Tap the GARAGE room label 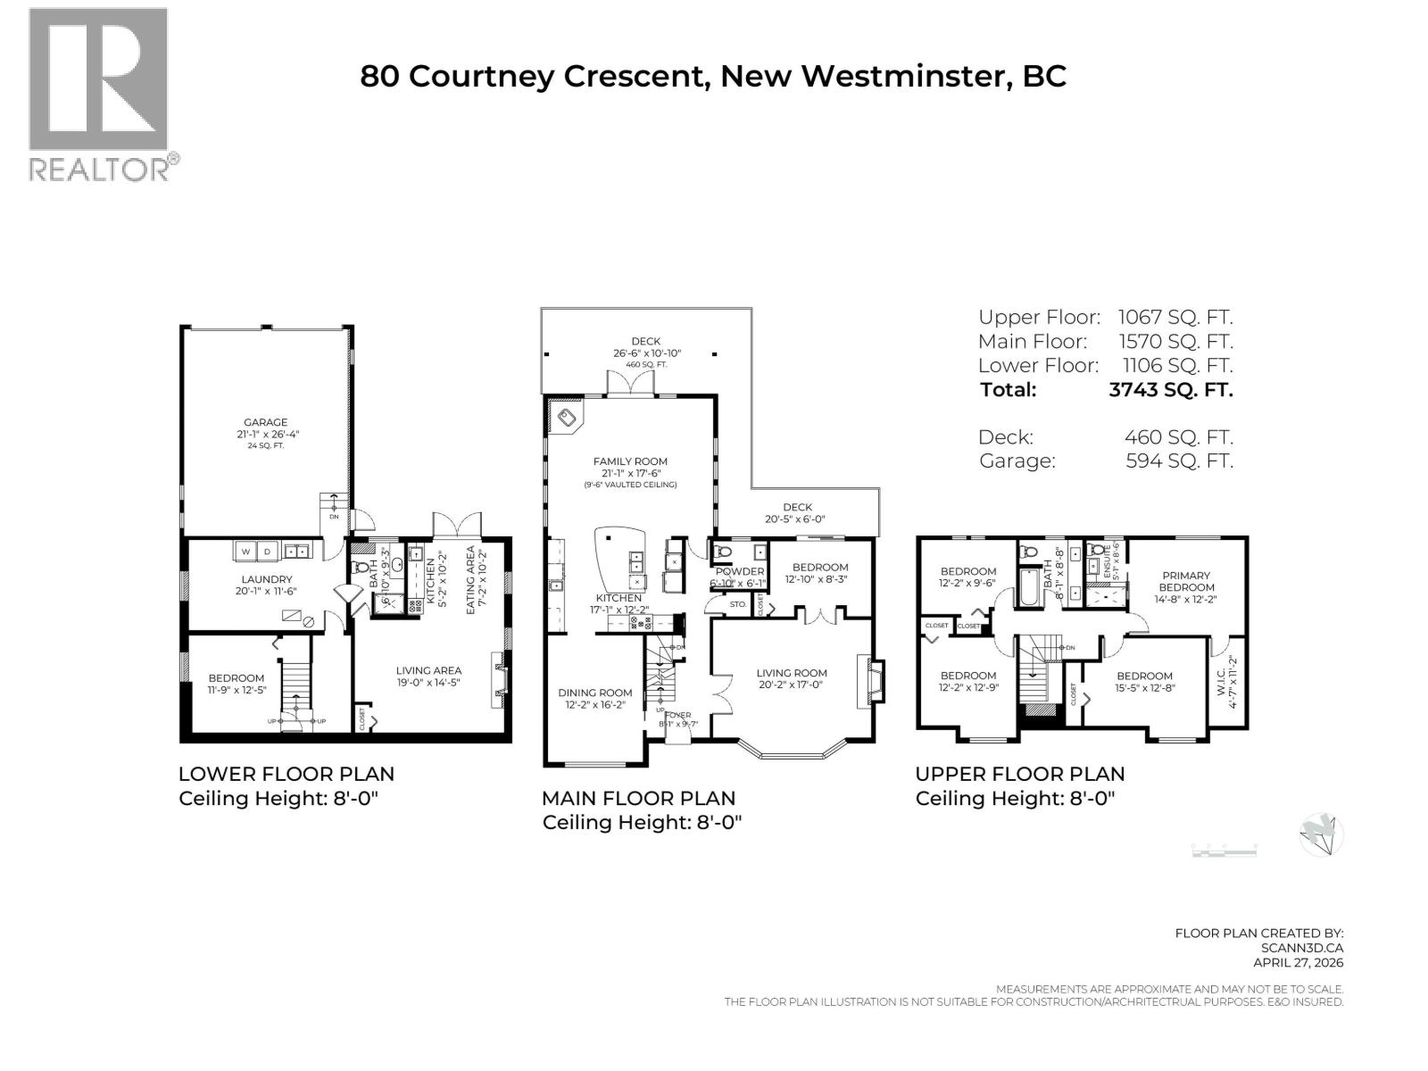click(x=266, y=423)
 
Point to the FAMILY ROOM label click(x=630, y=461)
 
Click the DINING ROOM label click(x=594, y=693)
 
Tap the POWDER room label click(x=740, y=571)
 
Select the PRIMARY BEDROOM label click(x=1186, y=581)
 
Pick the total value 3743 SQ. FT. click(x=1170, y=389)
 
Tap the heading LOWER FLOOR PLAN click(x=286, y=774)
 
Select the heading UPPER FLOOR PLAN click(x=1019, y=774)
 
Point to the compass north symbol click(x=1321, y=835)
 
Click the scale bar click(x=1224, y=851)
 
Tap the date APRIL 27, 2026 click(x=1298, y=962)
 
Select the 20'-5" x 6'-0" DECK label click(x=797, y=513)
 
